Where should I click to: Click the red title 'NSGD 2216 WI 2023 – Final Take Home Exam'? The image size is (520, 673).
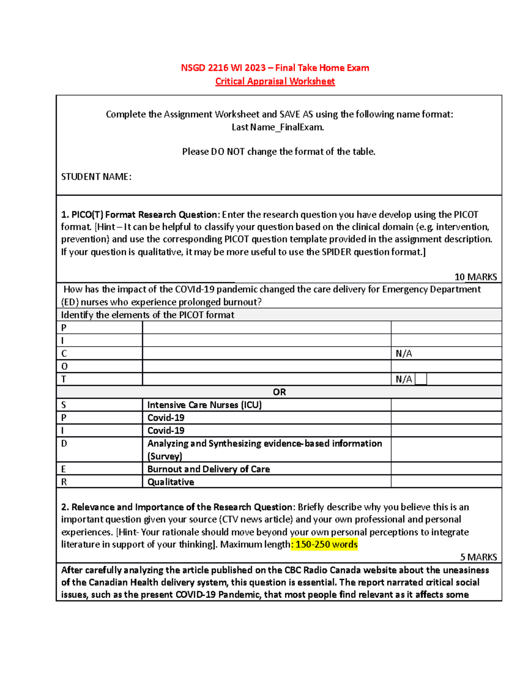275,68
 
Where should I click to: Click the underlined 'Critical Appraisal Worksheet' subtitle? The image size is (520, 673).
275,81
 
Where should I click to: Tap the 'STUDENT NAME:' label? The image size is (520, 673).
96,177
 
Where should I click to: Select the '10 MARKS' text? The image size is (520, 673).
475,277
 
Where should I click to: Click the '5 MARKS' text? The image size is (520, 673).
478,557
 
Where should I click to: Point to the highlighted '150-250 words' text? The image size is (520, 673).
326,544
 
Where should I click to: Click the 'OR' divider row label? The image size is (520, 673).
279,392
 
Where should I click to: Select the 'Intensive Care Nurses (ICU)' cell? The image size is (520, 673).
205,405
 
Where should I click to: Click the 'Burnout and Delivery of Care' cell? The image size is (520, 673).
208,469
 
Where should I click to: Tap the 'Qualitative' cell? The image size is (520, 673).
171,482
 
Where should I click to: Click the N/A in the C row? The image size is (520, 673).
403,354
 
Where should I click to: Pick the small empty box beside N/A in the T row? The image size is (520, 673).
421,379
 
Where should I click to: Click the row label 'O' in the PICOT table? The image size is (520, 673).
65,367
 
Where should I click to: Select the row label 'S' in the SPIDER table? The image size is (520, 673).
64,405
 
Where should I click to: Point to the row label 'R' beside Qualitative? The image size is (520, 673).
64,482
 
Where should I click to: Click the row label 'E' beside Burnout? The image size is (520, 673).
64,469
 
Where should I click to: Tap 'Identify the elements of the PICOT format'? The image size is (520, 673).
147,315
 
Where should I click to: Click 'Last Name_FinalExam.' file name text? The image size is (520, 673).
278,127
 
